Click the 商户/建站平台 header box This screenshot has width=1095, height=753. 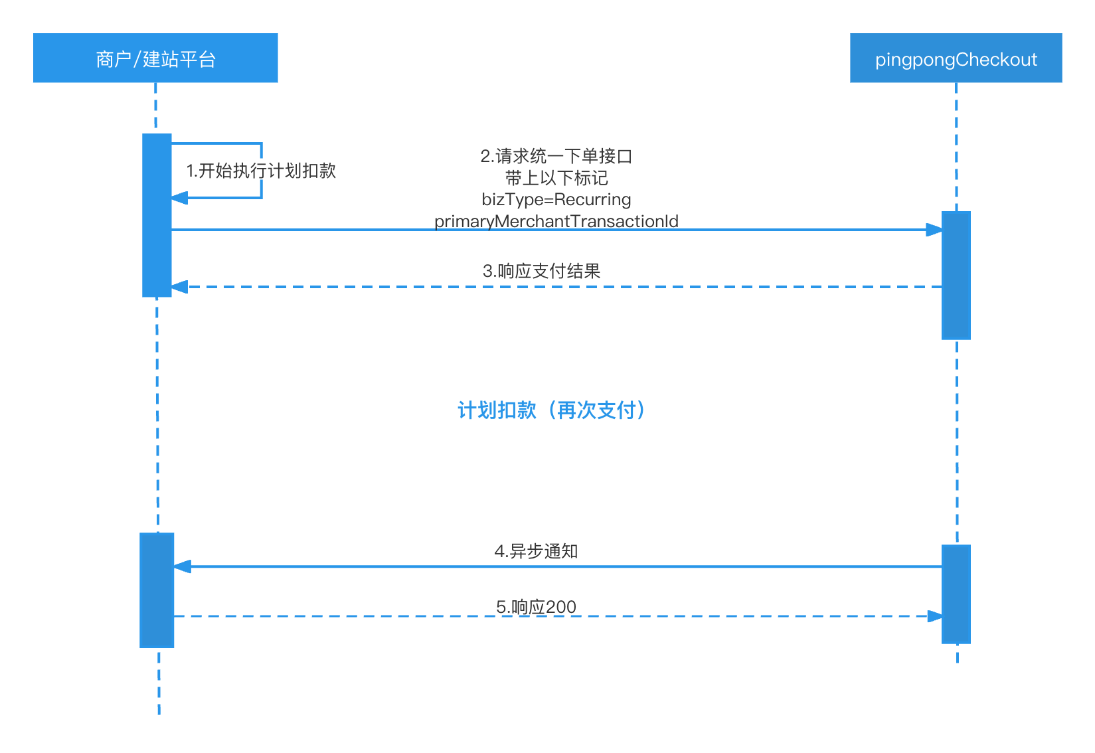pyautogui.click(x=155, y=58)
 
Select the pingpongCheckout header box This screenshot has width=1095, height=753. pyautogui.click(x=956, y=58)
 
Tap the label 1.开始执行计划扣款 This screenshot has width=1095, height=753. pyautogui.click(x=261, y=171)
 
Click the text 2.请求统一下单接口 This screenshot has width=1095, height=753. pyautogui.click(x=556, y=157)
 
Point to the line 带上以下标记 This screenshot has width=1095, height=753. pyautogui.click(x=556, y=178)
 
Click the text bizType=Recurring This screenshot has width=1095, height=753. pyautogui.click(x=556, y=199)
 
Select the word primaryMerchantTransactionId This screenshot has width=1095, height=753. pyautogui.click(x=556, y=221)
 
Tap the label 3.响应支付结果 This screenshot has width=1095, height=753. pyautogui.click(x=542, y=271)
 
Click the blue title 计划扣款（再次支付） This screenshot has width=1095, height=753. pyautogui.click(x=551, y=410)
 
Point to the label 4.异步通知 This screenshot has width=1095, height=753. pyautogui.click(x=537, y=551)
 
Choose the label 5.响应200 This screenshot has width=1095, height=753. pyautogui.click(x=537, y=607)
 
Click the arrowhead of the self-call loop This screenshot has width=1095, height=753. pyautogui.click(x=179, y=197)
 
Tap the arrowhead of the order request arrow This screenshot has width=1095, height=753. pyautogui.click(x=934, y=230)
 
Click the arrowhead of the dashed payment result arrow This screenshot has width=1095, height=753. pyautogui.click(x=179, y=287)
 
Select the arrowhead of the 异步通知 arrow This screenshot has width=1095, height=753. pyautogui.click(x=183, y=566)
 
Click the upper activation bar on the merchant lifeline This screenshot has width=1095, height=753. pyautogui.click(x=157, y=215)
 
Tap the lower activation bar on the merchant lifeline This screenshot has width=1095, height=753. pyautogui.click(x=157, y=590)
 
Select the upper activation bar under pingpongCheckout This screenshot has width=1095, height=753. pyautogui.click(x=956, y=276)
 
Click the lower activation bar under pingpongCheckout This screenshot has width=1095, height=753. pyautogui.click(x=956, y=594)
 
